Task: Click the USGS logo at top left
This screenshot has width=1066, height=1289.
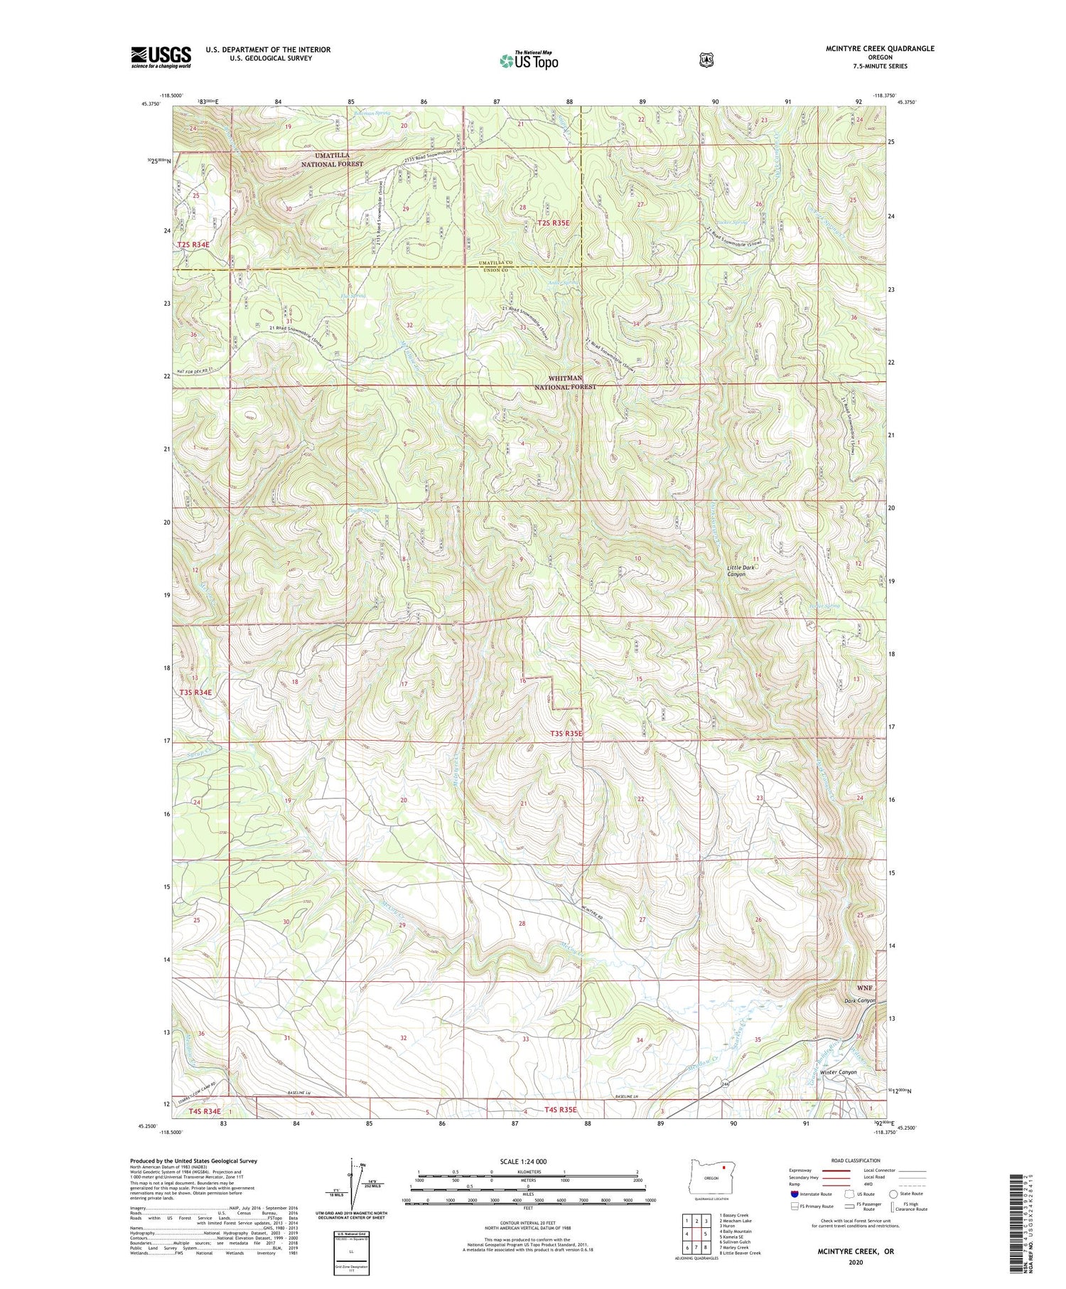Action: tap(161, 57)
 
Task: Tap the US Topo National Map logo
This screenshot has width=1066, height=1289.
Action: tap(529, 60)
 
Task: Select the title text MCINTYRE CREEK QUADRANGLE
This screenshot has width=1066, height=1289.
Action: tap(875, 48)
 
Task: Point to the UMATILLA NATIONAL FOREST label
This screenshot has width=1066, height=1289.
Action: tap(331, 159)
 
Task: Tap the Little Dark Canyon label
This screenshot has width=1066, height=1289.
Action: tap(741, 570)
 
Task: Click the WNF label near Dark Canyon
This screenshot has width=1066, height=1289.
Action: tap(864, 988)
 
